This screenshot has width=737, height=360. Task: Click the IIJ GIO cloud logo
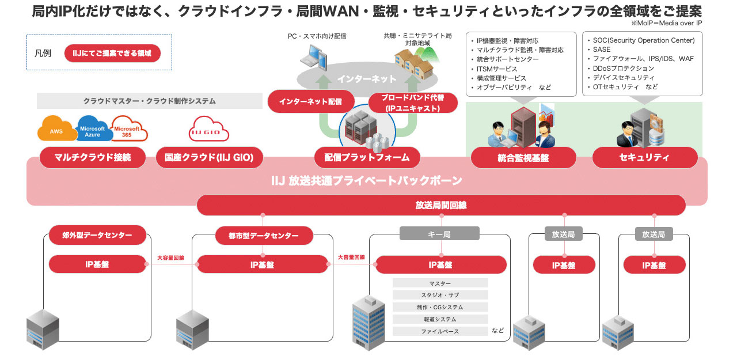click(208, 129)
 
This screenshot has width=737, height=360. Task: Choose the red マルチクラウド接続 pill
click(93, 158)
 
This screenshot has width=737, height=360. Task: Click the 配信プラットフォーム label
click(367, 158)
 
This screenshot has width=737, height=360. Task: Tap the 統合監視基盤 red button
click(523, 158)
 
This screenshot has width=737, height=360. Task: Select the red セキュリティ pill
click(645, 158)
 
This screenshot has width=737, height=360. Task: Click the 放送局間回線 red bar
click(441, 205)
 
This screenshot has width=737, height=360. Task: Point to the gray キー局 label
click(439, 234)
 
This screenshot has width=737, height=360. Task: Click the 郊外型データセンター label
click(97, 235)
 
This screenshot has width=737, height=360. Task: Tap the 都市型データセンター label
click(264, 236)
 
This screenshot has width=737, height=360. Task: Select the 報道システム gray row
click(440, 319)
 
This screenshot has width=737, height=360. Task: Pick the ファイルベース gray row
click(440, 331)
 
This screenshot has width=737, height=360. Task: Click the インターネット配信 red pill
click(311, 101)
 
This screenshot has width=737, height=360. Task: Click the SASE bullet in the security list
click(602, 50)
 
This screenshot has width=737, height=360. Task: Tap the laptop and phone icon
click(314, 58)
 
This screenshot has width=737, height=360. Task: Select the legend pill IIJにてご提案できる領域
click(112, 54)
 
